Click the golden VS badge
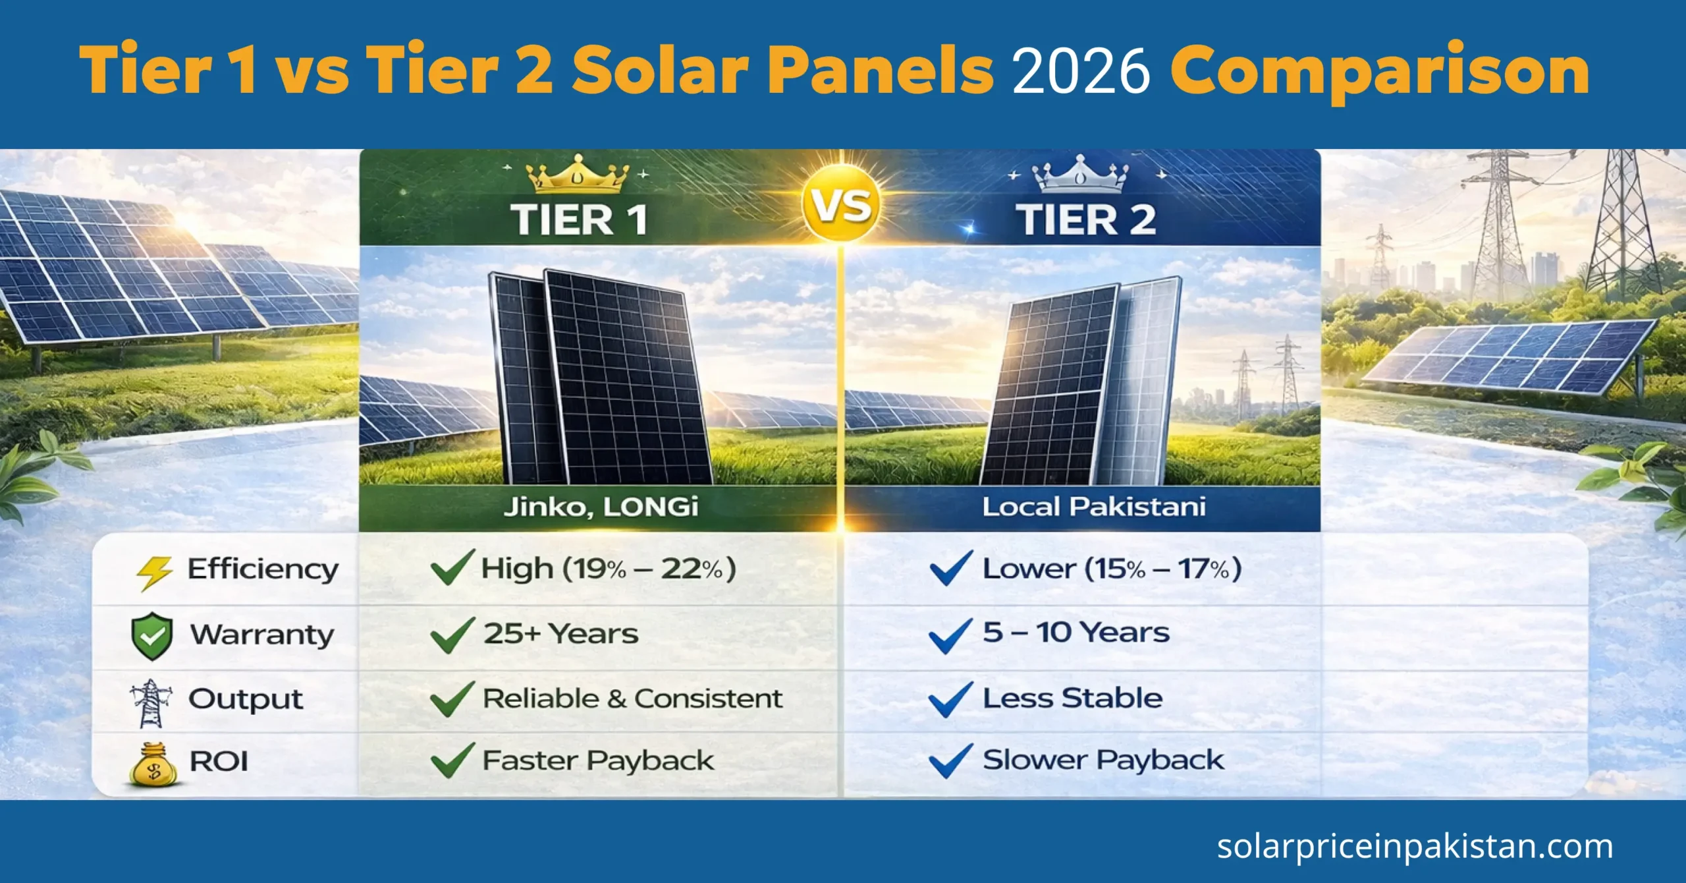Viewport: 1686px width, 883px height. click(841, 206)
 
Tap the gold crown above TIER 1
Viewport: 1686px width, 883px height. click(578, 175)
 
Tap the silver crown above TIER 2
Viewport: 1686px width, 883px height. click(1080, 175)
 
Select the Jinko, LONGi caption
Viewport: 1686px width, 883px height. click(601, 507)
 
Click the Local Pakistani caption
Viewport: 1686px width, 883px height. click(1094, 507)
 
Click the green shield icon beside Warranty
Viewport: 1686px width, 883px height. click(152, 636)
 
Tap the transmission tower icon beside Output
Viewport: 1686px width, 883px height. click(151, 702)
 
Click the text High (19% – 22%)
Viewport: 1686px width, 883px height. click(608, 569)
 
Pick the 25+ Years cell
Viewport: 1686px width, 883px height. click(560, 634)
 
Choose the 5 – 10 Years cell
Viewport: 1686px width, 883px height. click(1075, 633)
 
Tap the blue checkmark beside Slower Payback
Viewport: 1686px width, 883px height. click(950, 760)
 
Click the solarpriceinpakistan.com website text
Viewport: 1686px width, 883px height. click(1415, 846)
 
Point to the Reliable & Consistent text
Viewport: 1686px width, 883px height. click(632, 698)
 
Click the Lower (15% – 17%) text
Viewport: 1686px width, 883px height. click(1112, 569)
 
